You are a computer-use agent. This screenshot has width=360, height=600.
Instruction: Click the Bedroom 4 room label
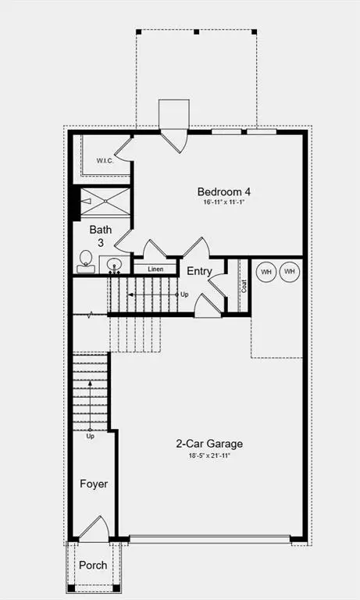click(x=223, y=191)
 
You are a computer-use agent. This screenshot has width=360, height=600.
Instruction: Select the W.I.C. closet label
click(x=105, y=161)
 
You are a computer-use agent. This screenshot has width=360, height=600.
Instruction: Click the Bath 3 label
click(x=101, y=236)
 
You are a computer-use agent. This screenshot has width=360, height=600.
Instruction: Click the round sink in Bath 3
click(x=115, y=264)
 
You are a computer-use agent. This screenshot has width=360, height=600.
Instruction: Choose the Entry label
click(x=199, y=271)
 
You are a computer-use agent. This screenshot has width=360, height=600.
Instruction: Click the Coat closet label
click(x=244, y=286)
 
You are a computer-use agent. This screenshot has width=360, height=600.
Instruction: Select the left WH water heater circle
click(x=266, y=271)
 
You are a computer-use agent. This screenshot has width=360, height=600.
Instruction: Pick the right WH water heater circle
click(x=290, y=271)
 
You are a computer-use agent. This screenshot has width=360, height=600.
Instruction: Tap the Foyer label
click(x=94, y=484)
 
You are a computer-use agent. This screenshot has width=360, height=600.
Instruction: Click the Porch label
click(x=93, y=565)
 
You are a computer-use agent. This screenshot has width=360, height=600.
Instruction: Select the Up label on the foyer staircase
click(x=91, y=436)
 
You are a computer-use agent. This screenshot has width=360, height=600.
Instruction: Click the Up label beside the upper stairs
click(x=184, y=295)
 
